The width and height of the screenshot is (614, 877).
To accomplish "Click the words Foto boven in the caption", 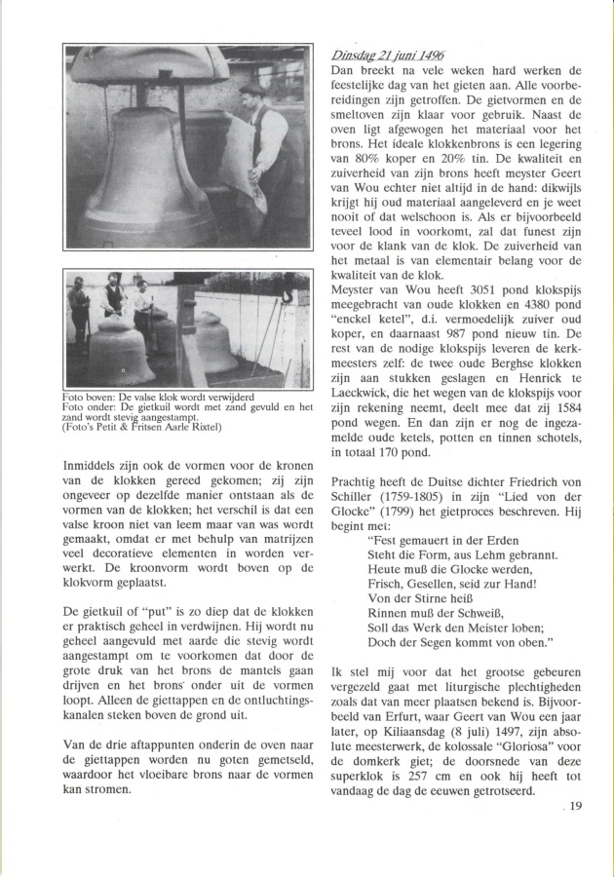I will [94, 397].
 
